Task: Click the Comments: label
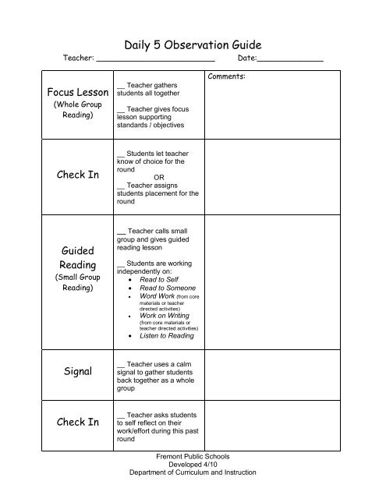point(228,76)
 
